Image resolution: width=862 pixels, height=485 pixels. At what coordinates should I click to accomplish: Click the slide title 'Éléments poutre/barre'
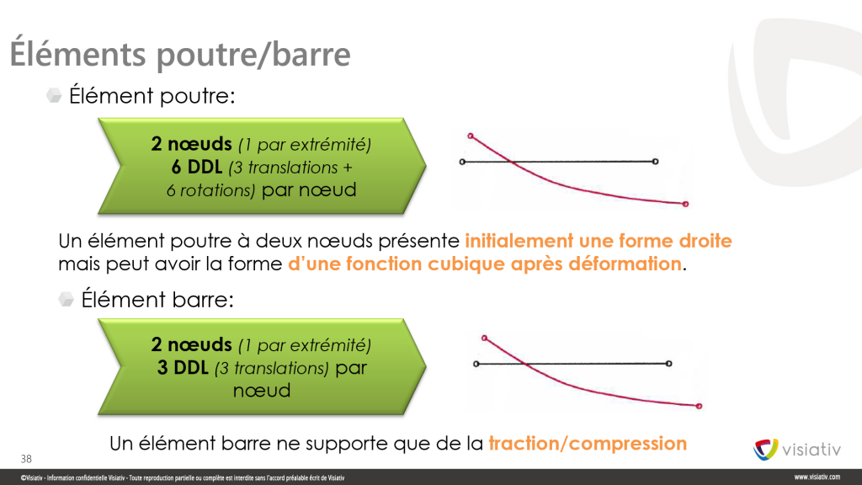pyautogui.click(x=180, y=54)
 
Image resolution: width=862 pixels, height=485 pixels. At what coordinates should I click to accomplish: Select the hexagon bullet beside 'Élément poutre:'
pyautogui.click(x=54, y=96)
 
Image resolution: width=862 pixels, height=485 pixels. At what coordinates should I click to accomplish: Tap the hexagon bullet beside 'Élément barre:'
pyautogui.click(x=66, y=299)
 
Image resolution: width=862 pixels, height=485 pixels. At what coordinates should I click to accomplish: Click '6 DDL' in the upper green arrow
pyautogui.click(x=197, y=167)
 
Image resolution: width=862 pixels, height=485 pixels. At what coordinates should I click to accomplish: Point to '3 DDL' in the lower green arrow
pyautogui.click(x=183, y=367)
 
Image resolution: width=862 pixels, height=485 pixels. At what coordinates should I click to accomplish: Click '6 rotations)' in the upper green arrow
pyautogui.click(x=211, y=190)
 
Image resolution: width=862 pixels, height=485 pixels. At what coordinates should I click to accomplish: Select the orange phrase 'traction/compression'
pyautogui.click(x=588, y=443)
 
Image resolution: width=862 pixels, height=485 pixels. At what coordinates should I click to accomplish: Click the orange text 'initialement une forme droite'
pyautogui.click(x=599, y=241)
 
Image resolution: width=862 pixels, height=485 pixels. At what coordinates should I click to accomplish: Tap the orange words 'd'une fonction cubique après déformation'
pyautogui.click(x=485, y=264)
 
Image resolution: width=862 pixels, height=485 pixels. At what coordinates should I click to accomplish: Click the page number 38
pyautogui.click(x=26, y=459)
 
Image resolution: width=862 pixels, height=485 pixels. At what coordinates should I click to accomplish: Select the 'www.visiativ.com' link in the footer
pyautogui.click(x=817, y=477)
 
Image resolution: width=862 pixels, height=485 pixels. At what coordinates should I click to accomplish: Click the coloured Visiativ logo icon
pyautogui.click(x=765, y=450)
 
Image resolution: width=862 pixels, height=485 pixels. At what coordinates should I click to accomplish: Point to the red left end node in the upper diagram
pyautogui.click(x=471, y=136)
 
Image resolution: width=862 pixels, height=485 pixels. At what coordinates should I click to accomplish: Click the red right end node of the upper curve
pyautogui.click(x=685, y=204)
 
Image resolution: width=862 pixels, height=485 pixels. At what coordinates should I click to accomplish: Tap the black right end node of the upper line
pyautogui.click(x=655, y=162)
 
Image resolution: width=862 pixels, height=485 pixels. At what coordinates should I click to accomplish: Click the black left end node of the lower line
pyautogui.click(x=476, y=364)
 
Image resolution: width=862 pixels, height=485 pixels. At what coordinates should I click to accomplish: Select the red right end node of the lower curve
pyautogui.click(x=699, y=407)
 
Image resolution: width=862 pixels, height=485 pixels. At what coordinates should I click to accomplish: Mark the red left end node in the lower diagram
pyautogui.click(x=484, y=338)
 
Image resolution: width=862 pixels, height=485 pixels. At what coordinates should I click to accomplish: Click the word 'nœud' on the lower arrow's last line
pyautogui.click(x=262, y=391)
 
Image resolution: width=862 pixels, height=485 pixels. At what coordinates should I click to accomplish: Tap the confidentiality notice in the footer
pyautogui.click(x=183, y=478)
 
